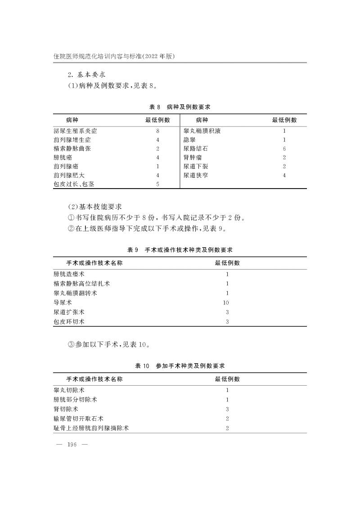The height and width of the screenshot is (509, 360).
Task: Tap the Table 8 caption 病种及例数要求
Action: [x=180, y=107]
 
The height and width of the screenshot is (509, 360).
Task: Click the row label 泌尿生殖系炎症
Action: [x=75, y=131]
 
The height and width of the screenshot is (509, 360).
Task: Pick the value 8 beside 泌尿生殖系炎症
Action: [x=158, y=131]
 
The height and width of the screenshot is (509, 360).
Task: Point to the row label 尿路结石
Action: [x=196, y=149]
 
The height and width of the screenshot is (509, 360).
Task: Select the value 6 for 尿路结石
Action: [x=284, y=149]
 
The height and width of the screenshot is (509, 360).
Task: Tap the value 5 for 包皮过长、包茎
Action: [x=158, y=184]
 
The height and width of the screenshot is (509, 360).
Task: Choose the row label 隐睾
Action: [x=190, y=140]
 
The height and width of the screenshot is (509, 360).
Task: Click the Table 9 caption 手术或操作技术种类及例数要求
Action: [x=180, y=249]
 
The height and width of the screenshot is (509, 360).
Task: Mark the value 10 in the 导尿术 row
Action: [x=226, y=303]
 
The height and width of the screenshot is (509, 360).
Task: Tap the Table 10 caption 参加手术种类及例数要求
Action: [x=180, y=366]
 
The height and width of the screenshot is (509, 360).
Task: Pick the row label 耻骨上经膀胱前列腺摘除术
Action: [x=91, y=428]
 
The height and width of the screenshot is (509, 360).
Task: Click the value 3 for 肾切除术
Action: [x=227, y=409]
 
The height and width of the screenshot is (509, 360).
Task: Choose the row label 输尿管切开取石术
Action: [x=78, y=419]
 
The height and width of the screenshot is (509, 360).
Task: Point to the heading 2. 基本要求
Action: [x=85, y=74]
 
